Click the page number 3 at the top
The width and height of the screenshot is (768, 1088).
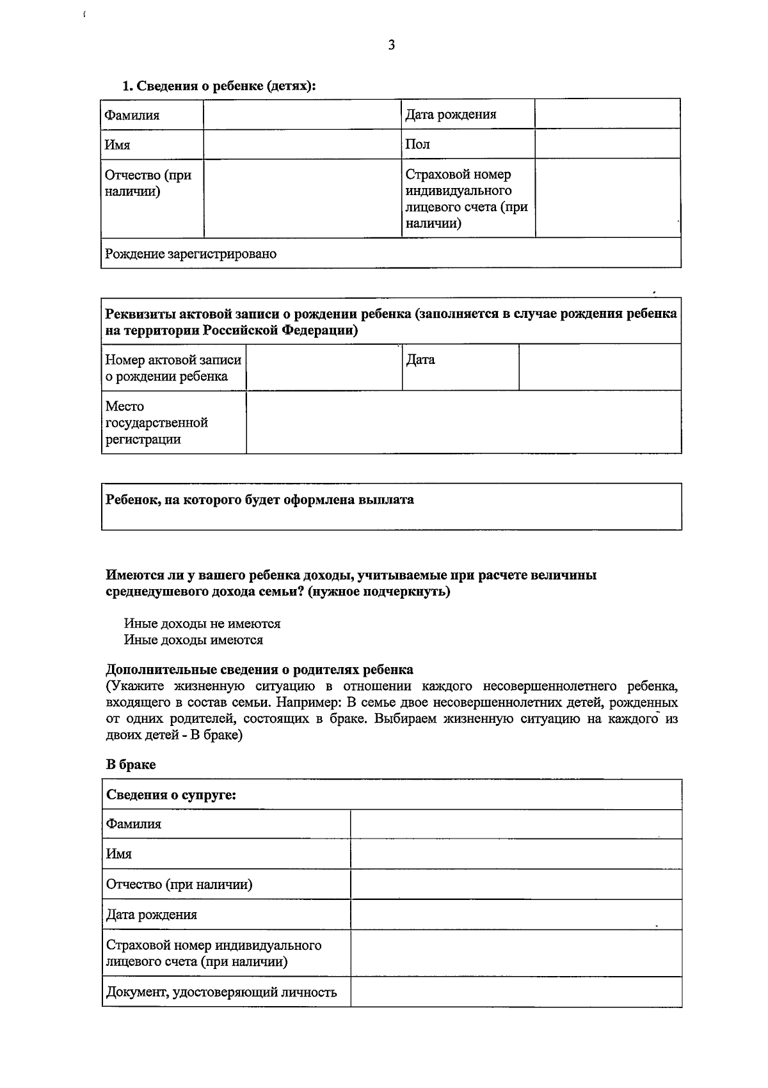click(x=391, y=45)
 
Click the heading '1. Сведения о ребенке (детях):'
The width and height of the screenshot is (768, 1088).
click(x=220, y=86)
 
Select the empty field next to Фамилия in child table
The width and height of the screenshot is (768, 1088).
click(x=302, y=114)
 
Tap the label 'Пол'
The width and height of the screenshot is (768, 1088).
click(x=418, y=144)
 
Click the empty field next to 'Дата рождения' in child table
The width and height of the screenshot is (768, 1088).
click(x=607, y=114)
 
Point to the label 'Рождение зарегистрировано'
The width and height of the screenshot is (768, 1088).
click(x=191, y=254)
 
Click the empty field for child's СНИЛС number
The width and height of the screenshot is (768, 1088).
click(x=607, y=198)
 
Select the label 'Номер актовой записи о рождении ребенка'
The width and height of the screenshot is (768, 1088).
click(x=173, y=368)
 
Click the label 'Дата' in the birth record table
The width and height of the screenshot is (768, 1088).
click(x=420, y=360)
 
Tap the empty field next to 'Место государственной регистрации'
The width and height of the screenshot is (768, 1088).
click(x=463, y=423)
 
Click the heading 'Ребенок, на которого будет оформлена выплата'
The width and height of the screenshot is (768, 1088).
click(x=260, y=500)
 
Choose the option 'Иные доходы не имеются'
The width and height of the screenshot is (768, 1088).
click(x=202, y=623)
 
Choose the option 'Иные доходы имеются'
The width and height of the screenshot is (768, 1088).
click(x=193, y=640)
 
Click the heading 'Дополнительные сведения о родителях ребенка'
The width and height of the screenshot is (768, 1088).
click(x=259, y=670)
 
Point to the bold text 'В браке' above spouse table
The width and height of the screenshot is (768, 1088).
click(x=131, y=764)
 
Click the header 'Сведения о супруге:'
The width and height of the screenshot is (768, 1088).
click(x=171, y=795)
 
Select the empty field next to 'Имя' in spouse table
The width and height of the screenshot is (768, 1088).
click(x=515, y=854)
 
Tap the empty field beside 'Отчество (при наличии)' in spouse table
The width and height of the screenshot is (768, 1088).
click(x=515, y=884)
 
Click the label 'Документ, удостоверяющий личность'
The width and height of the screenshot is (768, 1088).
click(x=221, y=992)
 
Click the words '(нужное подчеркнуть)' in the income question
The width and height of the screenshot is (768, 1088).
click(x=379, y=592)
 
